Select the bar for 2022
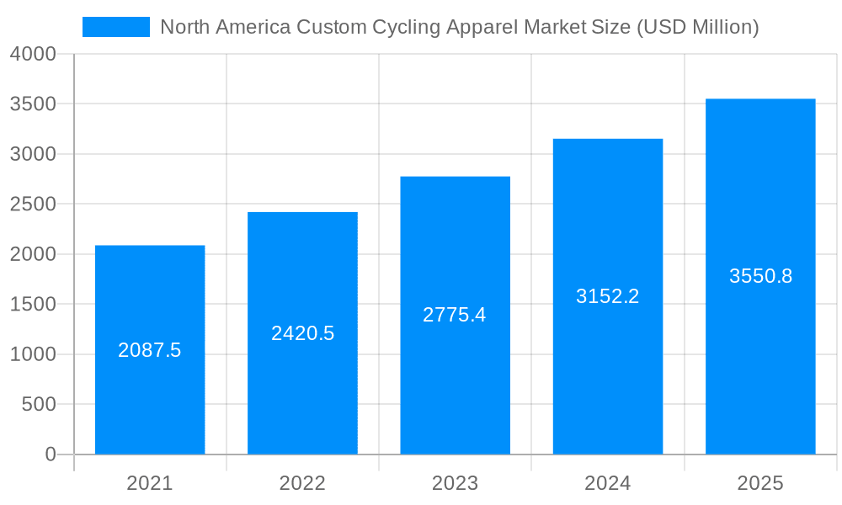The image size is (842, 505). pos(302,396)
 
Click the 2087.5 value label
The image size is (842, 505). pos(150,350)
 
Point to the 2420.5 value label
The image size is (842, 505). pos(302,333)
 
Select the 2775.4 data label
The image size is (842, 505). pos(455,315)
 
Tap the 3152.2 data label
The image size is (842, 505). pos(607,296)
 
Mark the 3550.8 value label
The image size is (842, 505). pos(760,276)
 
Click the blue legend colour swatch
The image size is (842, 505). pos(115,27)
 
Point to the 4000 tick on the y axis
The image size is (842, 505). pos(34,54)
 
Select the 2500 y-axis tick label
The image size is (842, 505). pos(34,205)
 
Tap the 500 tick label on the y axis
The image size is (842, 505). pos(39,405)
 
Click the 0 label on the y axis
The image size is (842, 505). pos(50,454)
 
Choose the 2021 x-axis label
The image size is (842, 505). pos(150,483)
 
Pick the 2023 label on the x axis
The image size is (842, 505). pos(455,483)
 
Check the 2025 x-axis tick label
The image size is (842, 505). pos(760,483)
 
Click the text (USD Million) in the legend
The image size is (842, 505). pos(697,27)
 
